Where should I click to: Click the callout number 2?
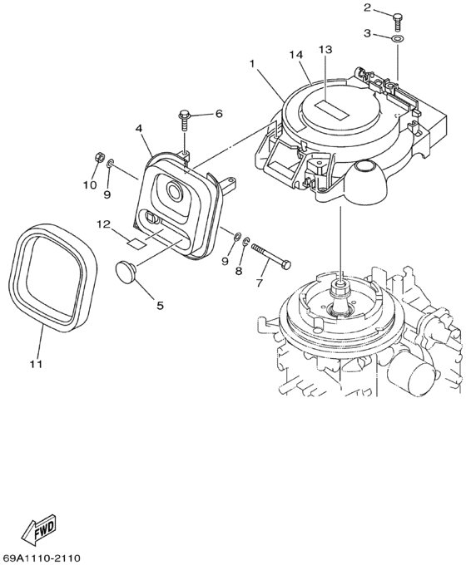368,7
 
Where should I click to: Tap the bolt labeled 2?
397,20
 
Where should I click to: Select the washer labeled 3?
398,38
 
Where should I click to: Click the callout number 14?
296,55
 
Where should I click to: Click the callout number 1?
252,64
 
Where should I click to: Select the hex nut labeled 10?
99,157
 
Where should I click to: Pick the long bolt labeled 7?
271,255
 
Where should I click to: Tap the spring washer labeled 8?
246,242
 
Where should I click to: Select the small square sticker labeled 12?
136,243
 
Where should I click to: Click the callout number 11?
36,364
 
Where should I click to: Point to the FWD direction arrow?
39,528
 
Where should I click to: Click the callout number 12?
103,224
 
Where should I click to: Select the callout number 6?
219,114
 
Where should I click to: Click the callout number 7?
259,283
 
